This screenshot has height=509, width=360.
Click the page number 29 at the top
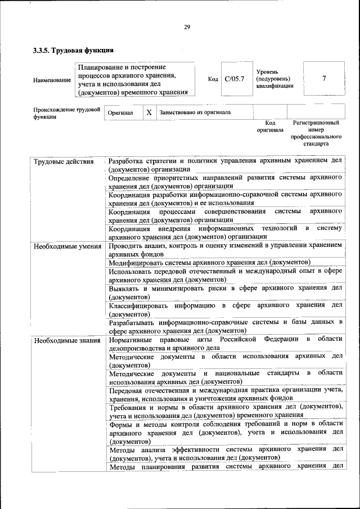click(187, 27)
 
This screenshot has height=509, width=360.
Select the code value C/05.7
click(234, 79)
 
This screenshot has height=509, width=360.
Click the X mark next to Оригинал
click(149, 112)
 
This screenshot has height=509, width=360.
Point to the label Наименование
click(52, 80)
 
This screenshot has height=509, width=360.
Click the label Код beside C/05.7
click(213, 79)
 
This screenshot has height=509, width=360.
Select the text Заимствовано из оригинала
click(195, 112)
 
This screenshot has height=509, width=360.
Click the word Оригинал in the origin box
click(120, 112)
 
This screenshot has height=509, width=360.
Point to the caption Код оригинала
click(270, 126)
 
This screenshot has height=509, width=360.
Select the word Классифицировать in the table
click(138, 305)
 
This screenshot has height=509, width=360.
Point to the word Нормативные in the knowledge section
click(133, 340)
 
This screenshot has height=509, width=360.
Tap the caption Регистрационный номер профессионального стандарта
click(316, 133)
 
